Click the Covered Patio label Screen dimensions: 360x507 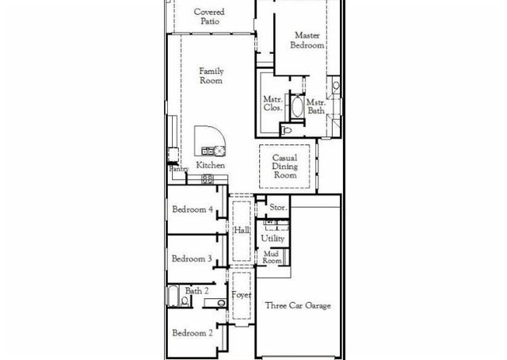(209, 17)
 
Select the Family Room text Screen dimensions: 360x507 (211, 76)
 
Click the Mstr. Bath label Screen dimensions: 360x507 (316, 107)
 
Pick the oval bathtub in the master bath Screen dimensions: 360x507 (298, 107)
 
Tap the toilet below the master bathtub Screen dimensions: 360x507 (288, 130)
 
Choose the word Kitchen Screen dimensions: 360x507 (211, 166)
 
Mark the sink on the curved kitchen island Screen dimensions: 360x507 (210, 150)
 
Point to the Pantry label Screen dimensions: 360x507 (177, 169)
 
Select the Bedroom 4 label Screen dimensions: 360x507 (193, 209)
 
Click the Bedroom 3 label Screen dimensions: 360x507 (192, 259)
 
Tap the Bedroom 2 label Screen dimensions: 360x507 (193, 333)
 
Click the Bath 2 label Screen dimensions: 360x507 (197, 291)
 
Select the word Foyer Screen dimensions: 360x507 (242, 295)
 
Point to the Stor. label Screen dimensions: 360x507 (278, 208)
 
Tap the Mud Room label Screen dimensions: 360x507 (273, 257)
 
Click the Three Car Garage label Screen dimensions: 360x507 (298, 305)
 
